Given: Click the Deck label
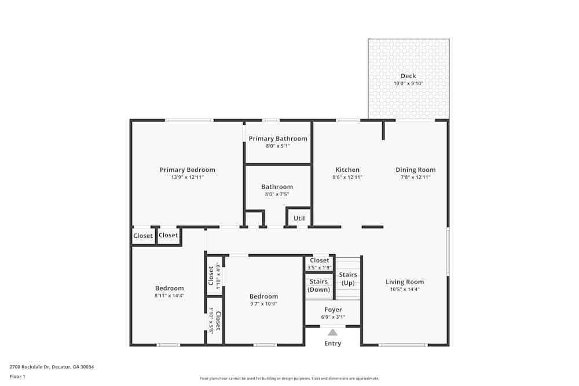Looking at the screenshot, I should (408, 76).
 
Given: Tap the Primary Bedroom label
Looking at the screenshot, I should (187, 170).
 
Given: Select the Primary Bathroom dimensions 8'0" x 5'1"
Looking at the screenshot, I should (277, 146).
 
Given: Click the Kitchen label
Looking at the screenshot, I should (346, 170).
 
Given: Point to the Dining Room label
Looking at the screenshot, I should (415, 170).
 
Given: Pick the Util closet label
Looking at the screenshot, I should (299, 218).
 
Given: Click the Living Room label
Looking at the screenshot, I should (405, 282).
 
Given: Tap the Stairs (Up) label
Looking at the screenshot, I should (348, 278).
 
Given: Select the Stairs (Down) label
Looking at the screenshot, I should (318, 285).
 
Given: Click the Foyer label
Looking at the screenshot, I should (333, 310).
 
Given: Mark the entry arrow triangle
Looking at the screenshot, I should (332, 332).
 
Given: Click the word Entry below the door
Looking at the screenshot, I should (332, 343).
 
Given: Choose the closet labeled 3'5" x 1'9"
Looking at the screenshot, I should (319, 267).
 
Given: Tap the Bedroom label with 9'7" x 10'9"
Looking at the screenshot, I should (263, 296).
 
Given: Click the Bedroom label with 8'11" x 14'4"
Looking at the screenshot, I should (169, 288).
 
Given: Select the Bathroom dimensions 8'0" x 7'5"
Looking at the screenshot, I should (277, 194).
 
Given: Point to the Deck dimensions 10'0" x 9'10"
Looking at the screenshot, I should (408, 83).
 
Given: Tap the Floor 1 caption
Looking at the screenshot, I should (17, 376).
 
